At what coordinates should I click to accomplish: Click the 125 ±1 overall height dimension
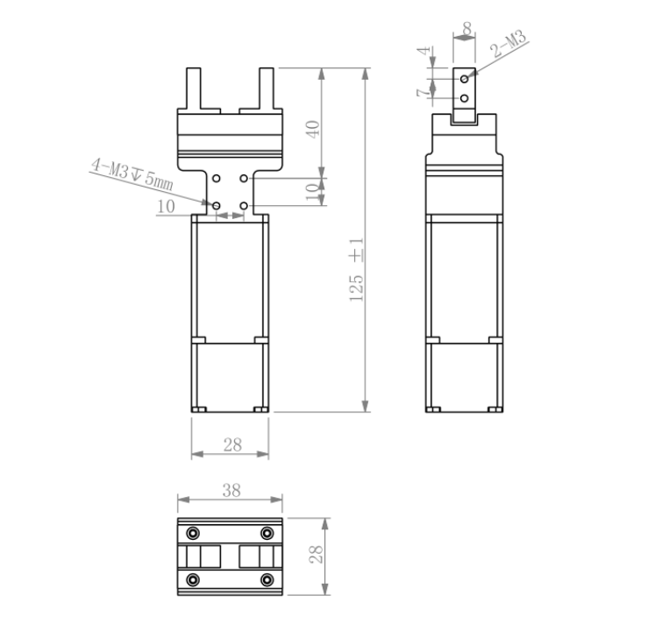356,270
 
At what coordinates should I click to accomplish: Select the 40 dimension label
313,129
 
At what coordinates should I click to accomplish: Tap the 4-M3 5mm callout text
132,174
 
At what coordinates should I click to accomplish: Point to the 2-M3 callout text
509,43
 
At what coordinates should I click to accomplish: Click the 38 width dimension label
231,490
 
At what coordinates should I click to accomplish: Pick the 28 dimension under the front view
232,445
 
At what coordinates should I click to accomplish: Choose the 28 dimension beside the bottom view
317,554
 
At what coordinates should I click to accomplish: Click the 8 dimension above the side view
467,29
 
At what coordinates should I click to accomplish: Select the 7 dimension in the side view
423,92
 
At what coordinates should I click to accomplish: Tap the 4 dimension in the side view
424,51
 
